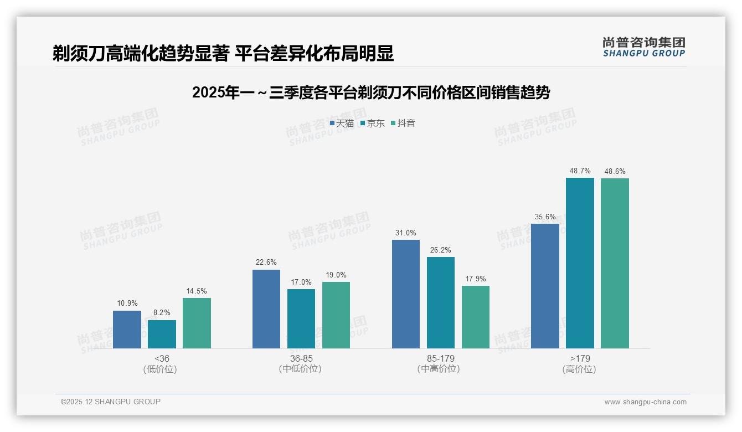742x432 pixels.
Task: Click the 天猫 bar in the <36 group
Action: click(127, 330)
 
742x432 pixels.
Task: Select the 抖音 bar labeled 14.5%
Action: click(197, 323)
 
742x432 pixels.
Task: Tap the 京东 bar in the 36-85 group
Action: click(301, 319)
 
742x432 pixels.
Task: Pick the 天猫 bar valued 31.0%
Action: click(406, 294)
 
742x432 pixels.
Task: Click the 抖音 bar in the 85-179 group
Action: click(476, 317)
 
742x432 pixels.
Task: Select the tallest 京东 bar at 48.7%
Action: click(580, 263)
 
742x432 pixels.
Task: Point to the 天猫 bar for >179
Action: click(545, 286)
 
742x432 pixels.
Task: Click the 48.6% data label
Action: click(615, 172)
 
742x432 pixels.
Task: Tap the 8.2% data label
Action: click(162, 313)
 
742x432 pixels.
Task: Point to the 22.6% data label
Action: click(266, 263)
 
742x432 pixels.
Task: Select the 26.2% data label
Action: click(441, 250)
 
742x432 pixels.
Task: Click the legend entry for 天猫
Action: click(342, 124)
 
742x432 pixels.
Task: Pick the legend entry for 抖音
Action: click(403, 124)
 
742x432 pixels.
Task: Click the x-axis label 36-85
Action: click(301, 358)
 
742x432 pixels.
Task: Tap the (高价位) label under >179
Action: click(579, 369)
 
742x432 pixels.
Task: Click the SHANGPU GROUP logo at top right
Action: click(643, 47)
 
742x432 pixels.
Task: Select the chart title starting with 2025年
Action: click(370, 92)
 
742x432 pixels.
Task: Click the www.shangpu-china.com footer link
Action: click(645, 402)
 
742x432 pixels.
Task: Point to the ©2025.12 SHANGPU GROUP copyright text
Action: click(111, 402)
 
